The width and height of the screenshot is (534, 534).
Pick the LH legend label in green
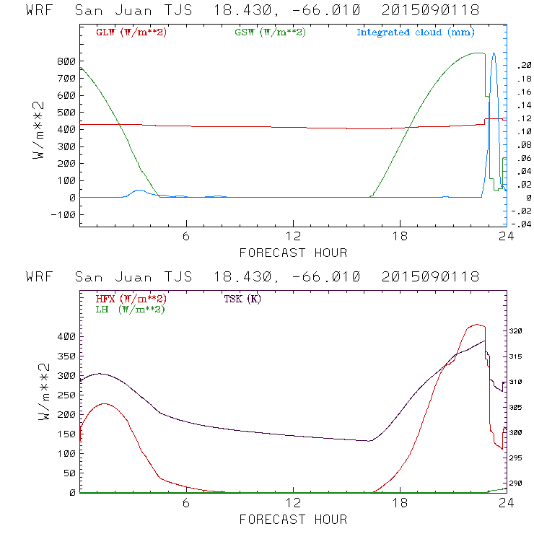click(130, 309)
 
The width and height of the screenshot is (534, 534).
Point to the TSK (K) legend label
click(242, 299)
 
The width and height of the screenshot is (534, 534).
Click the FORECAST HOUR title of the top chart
click(293, 253)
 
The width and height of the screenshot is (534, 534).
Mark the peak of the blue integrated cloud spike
click(494, 53)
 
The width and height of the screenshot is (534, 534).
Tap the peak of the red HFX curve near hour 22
click(476, 325)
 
